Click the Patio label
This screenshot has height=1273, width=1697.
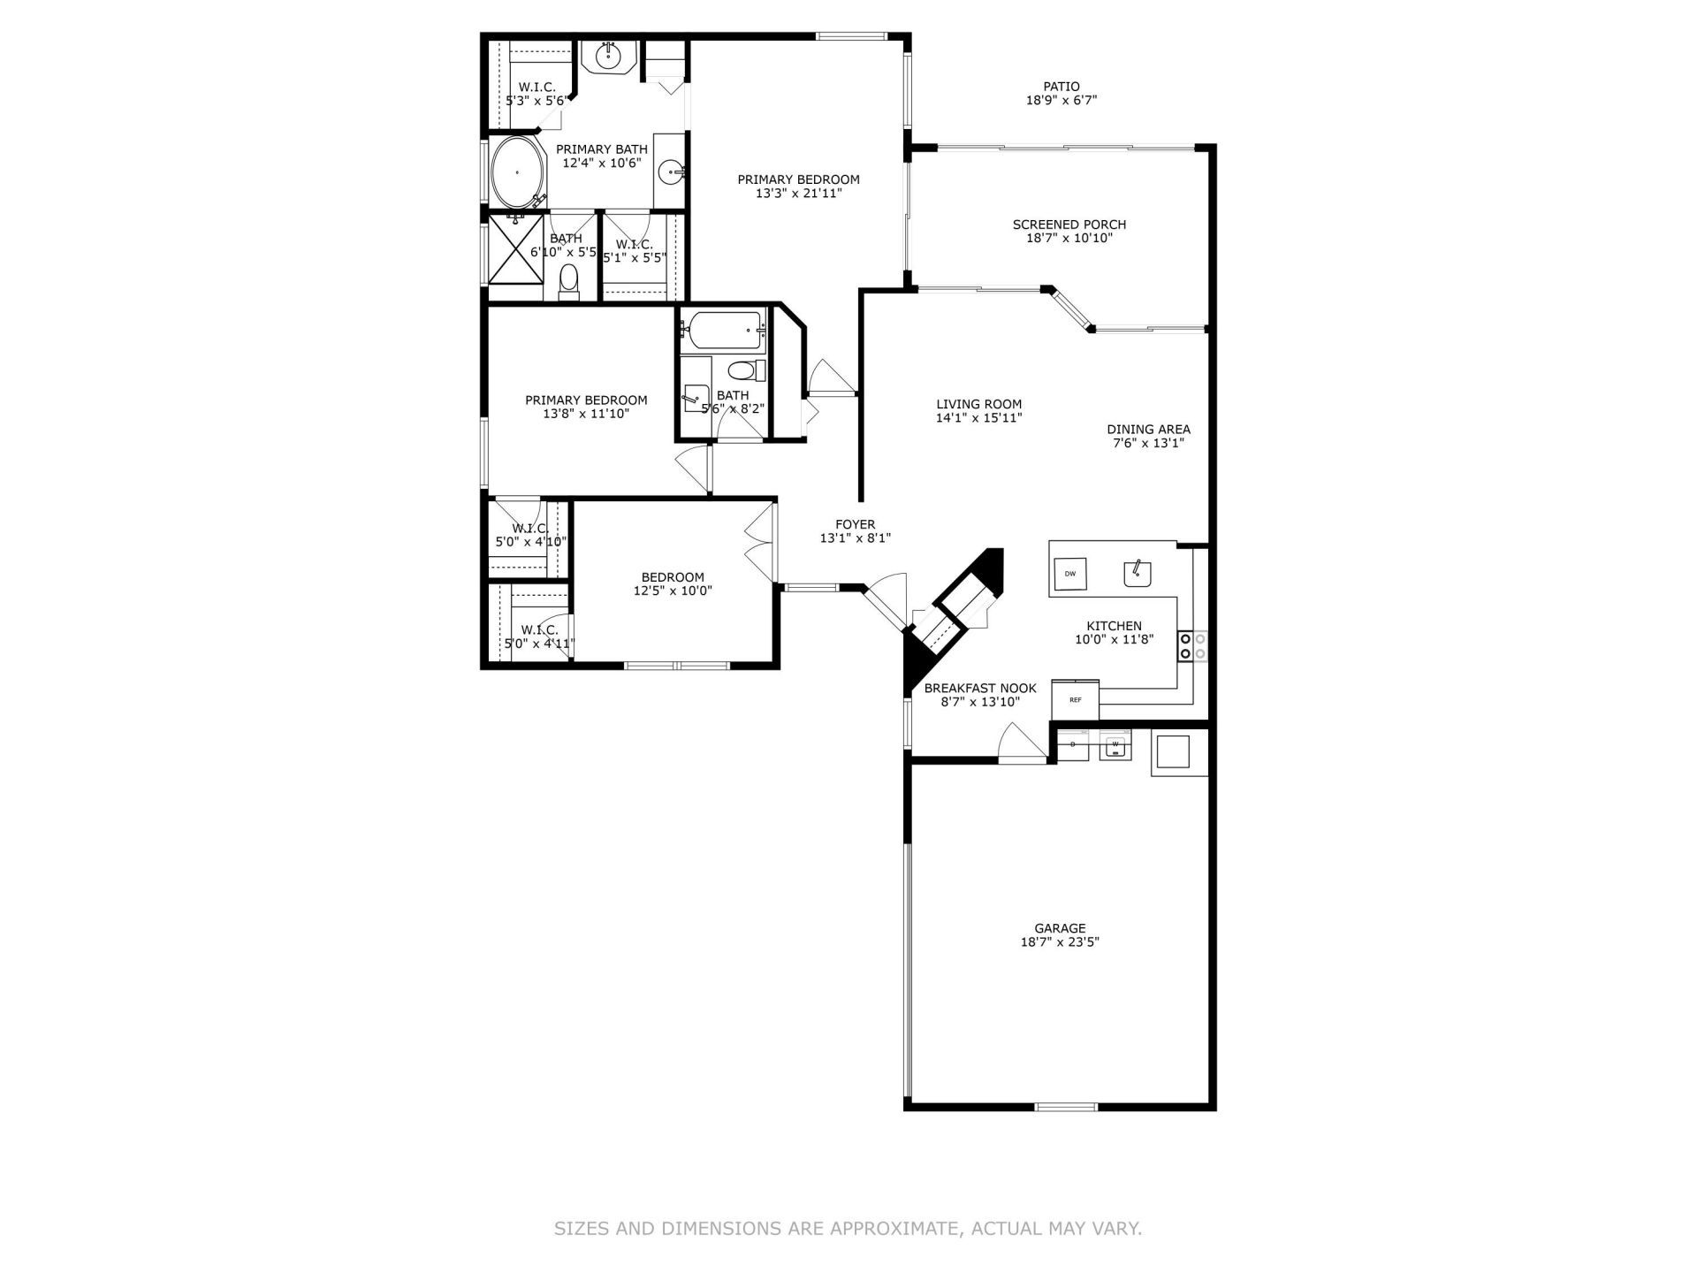[1061, 87]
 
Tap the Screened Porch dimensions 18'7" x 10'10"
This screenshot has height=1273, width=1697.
[1069, 238]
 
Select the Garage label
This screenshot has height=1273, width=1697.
[1060, 928]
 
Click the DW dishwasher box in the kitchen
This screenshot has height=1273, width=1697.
[1070, 575]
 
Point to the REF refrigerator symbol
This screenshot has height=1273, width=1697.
[1075, 700]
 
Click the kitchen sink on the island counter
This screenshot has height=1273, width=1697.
[1138, 574]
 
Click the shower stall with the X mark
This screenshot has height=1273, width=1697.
[515, 248]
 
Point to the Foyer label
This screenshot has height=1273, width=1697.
[854, 524]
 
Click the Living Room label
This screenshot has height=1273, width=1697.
[978, 404]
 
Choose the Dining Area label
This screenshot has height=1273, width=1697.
[1148, 430]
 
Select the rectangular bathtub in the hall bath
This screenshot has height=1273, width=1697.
[723, 331]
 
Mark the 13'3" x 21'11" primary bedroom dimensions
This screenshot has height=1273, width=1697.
[798, 193]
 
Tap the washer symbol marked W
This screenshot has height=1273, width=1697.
[1115, 745]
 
